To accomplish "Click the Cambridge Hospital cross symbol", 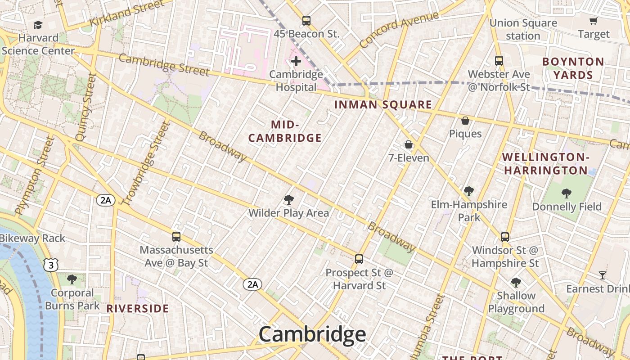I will (x=296, y=61).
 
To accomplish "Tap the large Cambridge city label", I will (x=312, y=334).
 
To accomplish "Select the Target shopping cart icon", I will (x=594, y=21).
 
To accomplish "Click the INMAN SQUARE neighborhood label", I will (x=383, y=105).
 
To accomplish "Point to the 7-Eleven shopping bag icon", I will (x=409, y=144).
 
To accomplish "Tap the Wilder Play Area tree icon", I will (x=289, y=199).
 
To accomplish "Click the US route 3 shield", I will (x=51, y=265).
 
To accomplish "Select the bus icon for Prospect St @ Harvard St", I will (x=359, y=259).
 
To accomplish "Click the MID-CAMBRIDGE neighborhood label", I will (x=285, y=131).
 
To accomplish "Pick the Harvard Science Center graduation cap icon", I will (x=38, y=25).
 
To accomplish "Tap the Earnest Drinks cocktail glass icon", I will (x=603, y=275).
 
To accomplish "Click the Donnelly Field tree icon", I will (x=567, y=193).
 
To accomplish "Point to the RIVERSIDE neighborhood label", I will (x=137, y=309).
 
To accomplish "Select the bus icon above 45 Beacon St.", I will (x=306, y=20).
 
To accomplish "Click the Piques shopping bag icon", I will (x=465, y=121).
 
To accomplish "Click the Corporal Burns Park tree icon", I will (x=72, y=279).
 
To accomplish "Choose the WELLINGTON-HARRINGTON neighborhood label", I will (x=545, y=164).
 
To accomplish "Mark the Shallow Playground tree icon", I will (x=516, y=283).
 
